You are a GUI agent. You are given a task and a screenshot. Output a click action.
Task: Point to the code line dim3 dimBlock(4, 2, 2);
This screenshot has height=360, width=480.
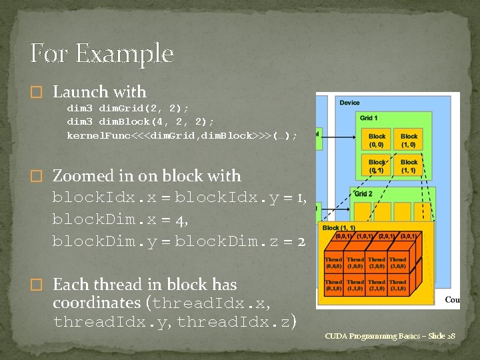click(x=141, y=121)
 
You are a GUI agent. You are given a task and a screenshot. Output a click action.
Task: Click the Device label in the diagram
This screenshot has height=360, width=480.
click(x=349, y=103)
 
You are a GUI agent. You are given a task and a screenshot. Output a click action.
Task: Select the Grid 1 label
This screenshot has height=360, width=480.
click(x=369, y=118)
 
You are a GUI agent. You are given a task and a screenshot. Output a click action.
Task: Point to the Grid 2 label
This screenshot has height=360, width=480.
click(x=363, y=194)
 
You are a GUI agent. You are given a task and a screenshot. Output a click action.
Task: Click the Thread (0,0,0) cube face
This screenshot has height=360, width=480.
click(x=334, y=262)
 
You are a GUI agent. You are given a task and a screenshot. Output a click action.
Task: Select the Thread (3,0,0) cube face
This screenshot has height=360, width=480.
click(x=397, y=262)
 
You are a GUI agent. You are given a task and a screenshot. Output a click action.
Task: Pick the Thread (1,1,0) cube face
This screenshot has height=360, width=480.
click(x=355, y=285)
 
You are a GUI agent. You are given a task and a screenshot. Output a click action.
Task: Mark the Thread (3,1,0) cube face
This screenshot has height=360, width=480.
click(x=397, y=285)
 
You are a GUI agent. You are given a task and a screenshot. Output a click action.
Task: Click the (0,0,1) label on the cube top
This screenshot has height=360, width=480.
click(x=345, y=235)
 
